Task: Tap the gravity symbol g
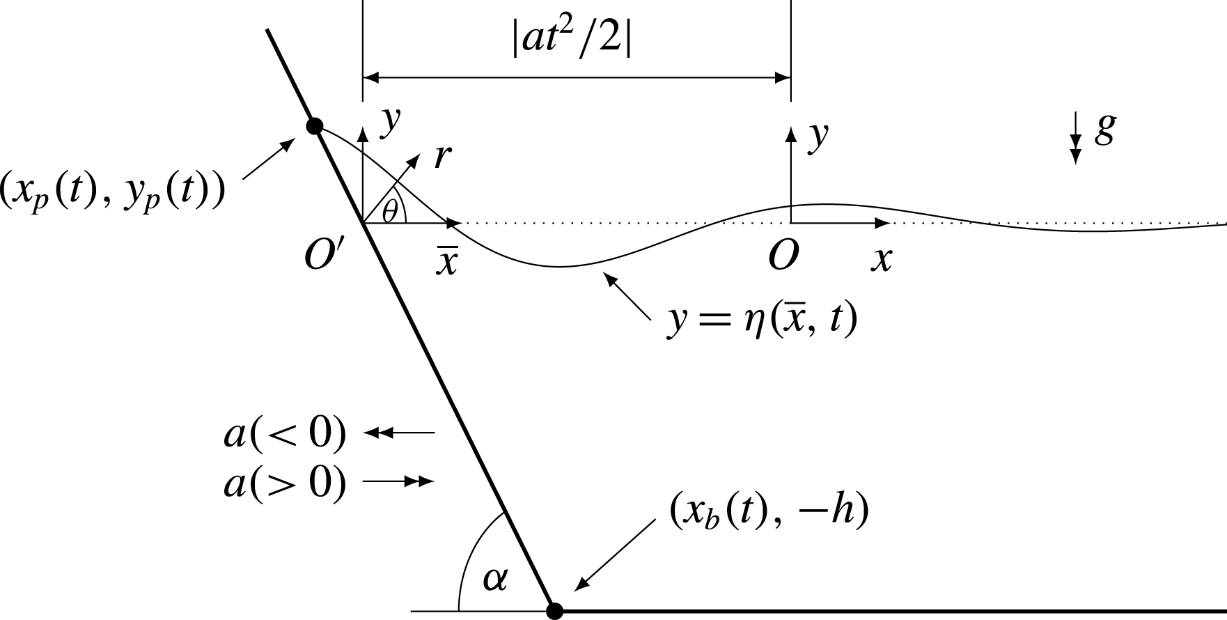[x=1104, y=130]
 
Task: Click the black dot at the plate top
[x=315, y=126]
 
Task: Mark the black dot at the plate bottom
[x=554, y=611]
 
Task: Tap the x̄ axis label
[x=446, y=262]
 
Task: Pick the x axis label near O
[x=882, y=259]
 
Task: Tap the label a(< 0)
[x=285, y=434]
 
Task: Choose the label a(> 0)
[x=285, y=482]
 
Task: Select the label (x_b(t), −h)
[x=769, y=513]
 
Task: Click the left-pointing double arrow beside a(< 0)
[x=400, y=433]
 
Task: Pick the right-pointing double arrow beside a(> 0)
[x=400, y=481]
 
